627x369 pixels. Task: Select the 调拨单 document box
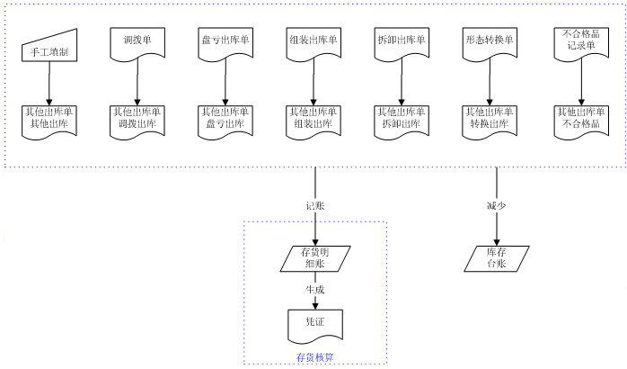137,43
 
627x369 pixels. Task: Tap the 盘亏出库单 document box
225,43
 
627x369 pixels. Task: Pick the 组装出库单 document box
313,43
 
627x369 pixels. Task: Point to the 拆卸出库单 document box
402,43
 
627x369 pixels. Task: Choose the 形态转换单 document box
490,43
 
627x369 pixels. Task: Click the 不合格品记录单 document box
577,42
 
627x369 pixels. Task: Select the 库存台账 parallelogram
497,258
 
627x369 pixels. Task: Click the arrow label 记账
314,205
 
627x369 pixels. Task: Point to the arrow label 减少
497,205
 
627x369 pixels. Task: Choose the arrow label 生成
314,290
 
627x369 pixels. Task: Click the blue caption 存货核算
314,357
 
